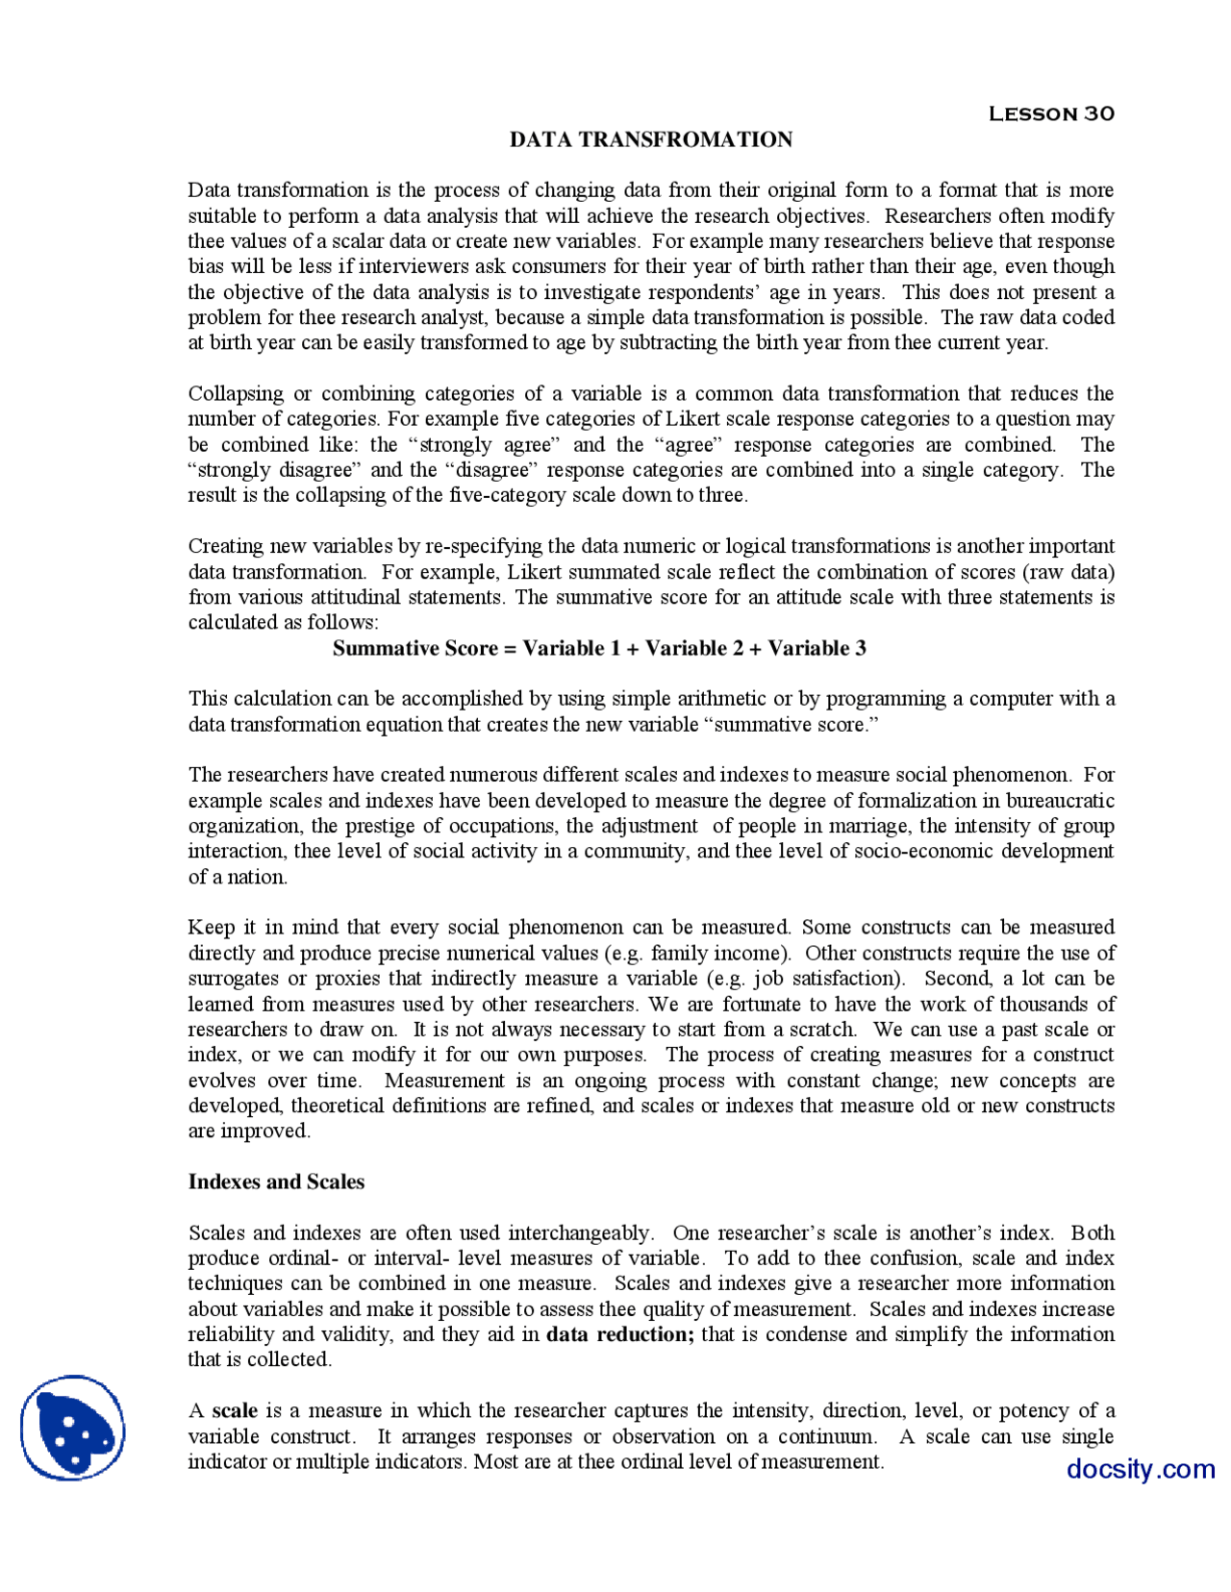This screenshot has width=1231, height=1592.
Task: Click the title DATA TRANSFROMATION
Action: tap(650, 139)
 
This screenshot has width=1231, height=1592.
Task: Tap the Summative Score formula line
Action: tap(598, 648)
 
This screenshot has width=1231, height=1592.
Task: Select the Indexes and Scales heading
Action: tap(276, 1182)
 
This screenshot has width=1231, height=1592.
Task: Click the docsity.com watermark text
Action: tap(1140, 1469)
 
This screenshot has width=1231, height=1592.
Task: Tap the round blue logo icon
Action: tap(73, 1427)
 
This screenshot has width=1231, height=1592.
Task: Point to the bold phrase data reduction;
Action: tap(620, 1334)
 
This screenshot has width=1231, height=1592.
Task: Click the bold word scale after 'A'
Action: tap(235, 1410)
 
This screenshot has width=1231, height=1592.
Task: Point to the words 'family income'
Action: tap(718, 953)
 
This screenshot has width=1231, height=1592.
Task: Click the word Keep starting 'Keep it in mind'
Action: tap(211, 928)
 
